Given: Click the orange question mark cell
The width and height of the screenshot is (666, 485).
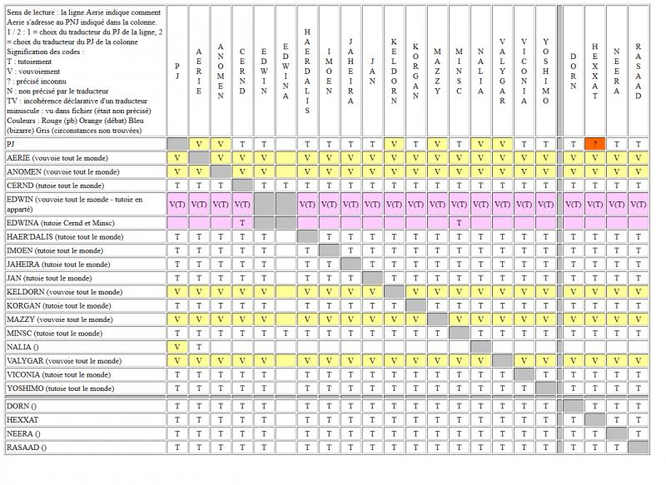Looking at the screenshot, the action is (x=594, y=144).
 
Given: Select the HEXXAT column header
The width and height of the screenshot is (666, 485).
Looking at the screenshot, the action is (x=594, y=72).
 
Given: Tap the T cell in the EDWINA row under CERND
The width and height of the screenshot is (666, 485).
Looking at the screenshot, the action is (x=242, y=223).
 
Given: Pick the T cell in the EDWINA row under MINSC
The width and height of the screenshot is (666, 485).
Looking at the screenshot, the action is (x=459, y=223).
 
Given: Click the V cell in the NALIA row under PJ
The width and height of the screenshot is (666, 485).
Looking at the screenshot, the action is (x=177, y=347).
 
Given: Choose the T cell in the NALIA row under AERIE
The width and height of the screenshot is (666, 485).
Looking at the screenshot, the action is (x=199, y=347).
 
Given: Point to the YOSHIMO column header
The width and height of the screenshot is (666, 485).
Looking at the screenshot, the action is (x=545, y=72).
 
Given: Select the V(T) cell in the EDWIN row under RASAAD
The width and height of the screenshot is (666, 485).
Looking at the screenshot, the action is (x=638, y=204).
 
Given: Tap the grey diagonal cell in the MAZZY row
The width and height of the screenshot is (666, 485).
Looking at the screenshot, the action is (x=437, y=319).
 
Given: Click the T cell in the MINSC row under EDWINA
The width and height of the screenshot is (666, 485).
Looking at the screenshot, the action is (x=286, y=334).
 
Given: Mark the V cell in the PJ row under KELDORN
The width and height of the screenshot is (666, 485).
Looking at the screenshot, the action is (x=394, y=144).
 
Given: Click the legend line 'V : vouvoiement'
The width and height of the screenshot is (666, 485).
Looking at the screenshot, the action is (x=33, y=72).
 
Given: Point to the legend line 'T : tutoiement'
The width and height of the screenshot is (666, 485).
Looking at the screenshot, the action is (x=29, y=62).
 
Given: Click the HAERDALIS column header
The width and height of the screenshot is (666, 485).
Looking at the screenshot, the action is (x=307, y=72).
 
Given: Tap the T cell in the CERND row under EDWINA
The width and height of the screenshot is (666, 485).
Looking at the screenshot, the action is (x=286, y=186).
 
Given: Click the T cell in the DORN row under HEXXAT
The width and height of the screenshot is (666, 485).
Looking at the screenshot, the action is (x=594, y=406).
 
